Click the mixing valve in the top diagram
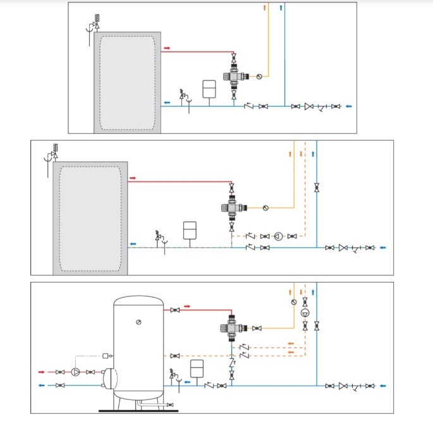(235, 76)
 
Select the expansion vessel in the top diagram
(209, 88)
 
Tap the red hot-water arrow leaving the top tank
(167, 48)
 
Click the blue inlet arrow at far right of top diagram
(348, 106)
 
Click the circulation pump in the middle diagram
(278, 236)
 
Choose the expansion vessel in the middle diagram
(190, 230)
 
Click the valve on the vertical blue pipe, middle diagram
(316, 187)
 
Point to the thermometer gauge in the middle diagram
(265, 207)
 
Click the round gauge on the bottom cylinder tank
(138, 322)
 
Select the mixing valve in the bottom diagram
(232, 328)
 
